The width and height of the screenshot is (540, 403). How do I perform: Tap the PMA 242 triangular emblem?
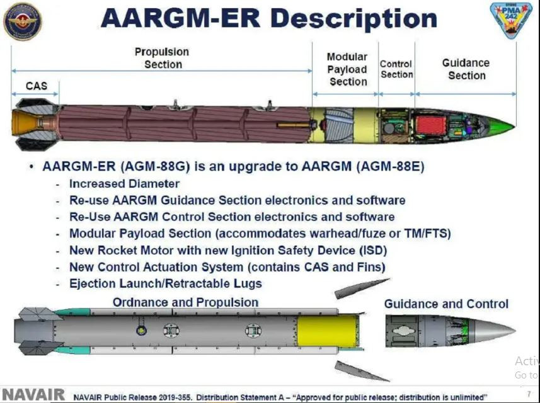[511, 20]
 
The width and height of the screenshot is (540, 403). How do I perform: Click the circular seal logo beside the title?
[23, 21]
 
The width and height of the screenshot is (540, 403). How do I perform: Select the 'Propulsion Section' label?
[162, 58]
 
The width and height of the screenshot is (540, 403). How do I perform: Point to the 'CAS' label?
[36, 86]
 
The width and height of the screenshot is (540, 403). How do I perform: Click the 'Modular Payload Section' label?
[347, 69]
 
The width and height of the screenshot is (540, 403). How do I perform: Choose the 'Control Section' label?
[396, 69]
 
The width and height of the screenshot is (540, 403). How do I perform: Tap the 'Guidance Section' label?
[466, 69]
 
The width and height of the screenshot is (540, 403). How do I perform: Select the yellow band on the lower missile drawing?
[328, 331]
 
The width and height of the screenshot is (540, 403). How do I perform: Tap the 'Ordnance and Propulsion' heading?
[185, 302]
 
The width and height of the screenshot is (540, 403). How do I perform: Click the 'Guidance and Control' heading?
[446, 304]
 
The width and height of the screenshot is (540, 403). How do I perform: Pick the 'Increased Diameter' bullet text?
[124, 184]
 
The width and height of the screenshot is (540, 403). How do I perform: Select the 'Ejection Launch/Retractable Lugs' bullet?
[166, 283]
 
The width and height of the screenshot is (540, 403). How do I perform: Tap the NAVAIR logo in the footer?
[33, 395]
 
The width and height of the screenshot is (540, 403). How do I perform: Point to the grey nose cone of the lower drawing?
[495, 331]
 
